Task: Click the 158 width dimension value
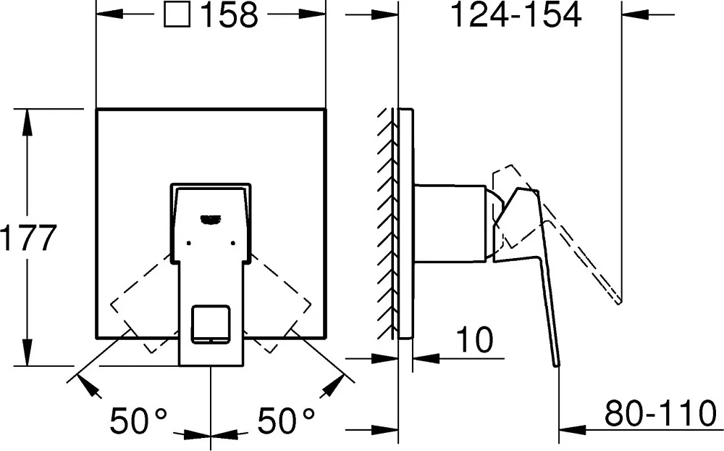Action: coord(230,15)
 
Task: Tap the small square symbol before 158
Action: coord(177,15)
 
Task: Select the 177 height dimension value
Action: coord(28,238)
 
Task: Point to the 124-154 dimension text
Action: coord(515,15)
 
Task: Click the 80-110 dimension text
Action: coord(661,413)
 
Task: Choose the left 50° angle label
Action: coord(138,421)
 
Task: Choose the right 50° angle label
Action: coord(286,421)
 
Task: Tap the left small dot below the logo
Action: coord(188,243)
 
